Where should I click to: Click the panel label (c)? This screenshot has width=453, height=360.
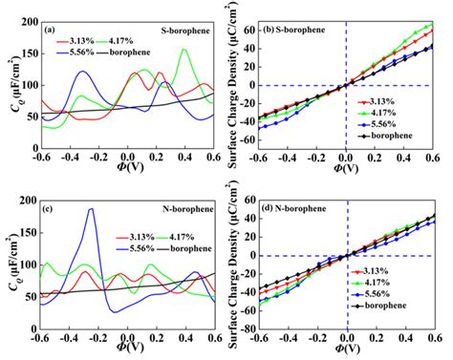51,203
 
